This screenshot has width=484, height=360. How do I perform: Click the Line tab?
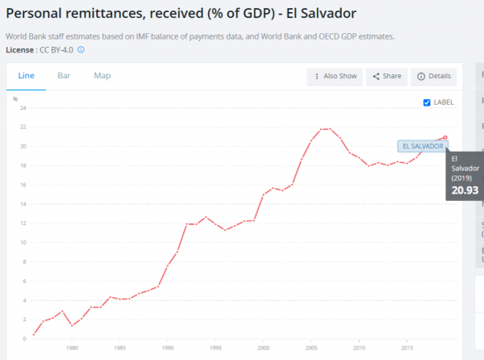[x=27, y=76]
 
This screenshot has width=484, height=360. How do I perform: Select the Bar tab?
[x=64, y=76]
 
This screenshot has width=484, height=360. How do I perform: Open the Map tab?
[x=102, y=76]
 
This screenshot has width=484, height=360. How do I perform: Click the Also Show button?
[x=335, y=76]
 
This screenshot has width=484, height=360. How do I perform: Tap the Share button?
[x=386, y=76]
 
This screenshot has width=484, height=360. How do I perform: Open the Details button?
[x=434, y=76]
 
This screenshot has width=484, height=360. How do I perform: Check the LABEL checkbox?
[x=427, y=103]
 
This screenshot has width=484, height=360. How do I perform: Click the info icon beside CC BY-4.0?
[x=81, y=49]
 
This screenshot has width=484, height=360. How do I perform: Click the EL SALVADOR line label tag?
[x=423, y=146]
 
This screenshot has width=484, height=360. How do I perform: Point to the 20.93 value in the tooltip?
[x=465, y=190]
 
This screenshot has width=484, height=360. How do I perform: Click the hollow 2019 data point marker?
[x=445, y=137]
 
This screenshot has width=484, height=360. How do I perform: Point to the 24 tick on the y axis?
[x=23, y=107]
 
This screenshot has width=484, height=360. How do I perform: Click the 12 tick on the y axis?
[x=23, y=224]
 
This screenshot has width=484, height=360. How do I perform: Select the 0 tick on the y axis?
[x=25, y=339]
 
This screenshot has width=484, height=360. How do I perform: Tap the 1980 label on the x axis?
[x=72, y=348]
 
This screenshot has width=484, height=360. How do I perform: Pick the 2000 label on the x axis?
[x=263, y=348]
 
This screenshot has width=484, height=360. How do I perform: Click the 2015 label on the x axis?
[x=407, y=348]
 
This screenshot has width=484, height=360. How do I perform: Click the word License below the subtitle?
[x=19, y=50]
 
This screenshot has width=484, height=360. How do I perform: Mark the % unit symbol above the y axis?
[x=15, y=98]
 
